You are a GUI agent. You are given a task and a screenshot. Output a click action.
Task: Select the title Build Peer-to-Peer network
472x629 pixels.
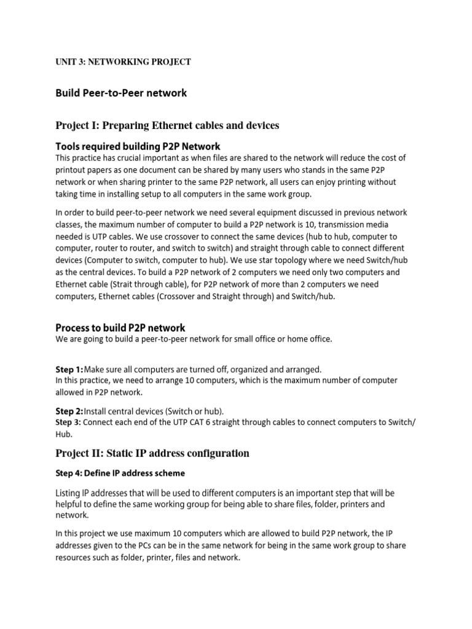click(121, 93)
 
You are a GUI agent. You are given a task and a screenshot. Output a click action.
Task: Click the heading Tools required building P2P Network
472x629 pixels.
click(138, 146)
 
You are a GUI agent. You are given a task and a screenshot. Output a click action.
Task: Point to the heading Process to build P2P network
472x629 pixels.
click(120, 327)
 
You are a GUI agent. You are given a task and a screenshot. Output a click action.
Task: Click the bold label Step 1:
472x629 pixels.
click(69, 369)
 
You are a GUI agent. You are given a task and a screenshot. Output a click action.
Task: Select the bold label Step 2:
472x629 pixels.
click(69, 410)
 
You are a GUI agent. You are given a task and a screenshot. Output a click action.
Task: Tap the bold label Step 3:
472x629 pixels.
click(68, 423)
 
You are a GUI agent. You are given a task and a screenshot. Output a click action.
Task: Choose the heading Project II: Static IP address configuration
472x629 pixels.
click(152, 453)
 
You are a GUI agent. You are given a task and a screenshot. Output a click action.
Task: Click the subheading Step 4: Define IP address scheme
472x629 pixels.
click(120, 474)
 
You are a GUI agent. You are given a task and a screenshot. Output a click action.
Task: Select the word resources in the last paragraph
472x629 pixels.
click(76, 558)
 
